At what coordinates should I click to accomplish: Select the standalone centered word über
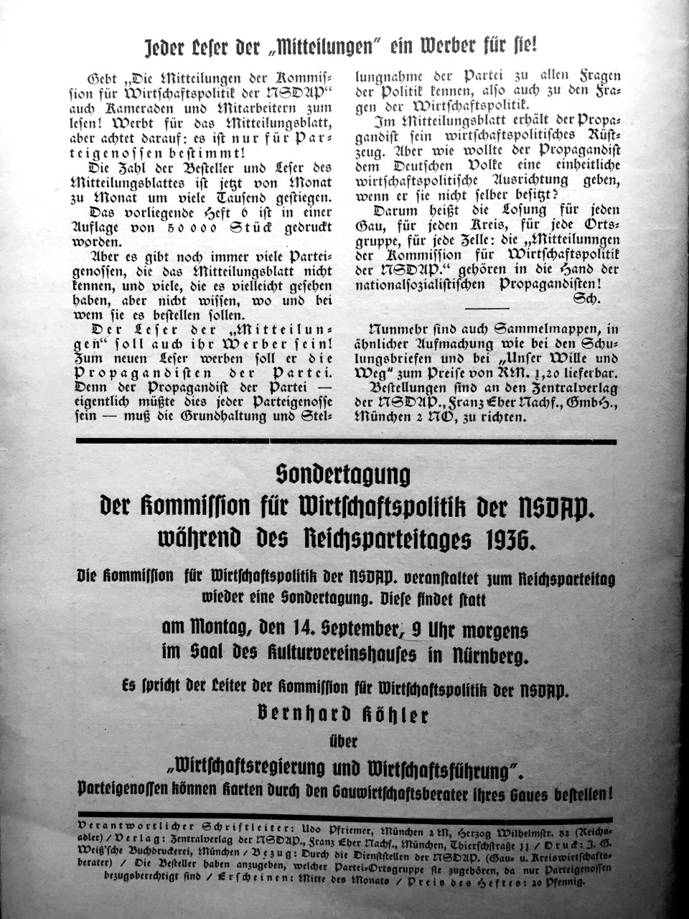tap(344, 740)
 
